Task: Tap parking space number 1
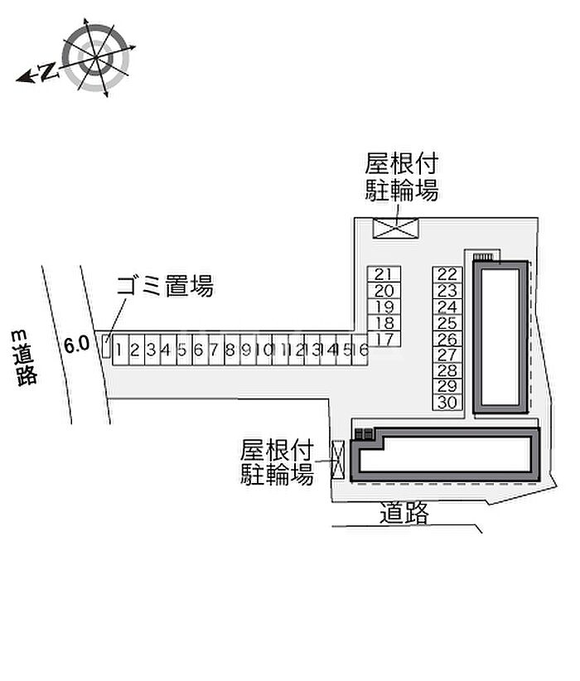click(120, 350)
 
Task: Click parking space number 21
click(383, 274)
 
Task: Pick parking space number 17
click(383, 339)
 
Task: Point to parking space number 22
click(447, 274)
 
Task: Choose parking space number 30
click(447, 403)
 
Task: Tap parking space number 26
click(447, 339)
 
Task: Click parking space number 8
click(231, 350)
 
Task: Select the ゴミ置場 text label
click(165, 287)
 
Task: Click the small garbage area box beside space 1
click(106, 346)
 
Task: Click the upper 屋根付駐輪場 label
click(402, 176)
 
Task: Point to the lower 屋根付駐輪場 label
click(277, 462)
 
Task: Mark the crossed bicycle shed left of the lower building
click(337, 459)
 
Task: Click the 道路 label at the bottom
click(405, 514)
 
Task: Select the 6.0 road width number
click(76, 345)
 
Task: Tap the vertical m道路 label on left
click(26, 357)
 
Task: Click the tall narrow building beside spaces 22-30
click(500, 337)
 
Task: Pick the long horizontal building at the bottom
click(445, 455)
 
